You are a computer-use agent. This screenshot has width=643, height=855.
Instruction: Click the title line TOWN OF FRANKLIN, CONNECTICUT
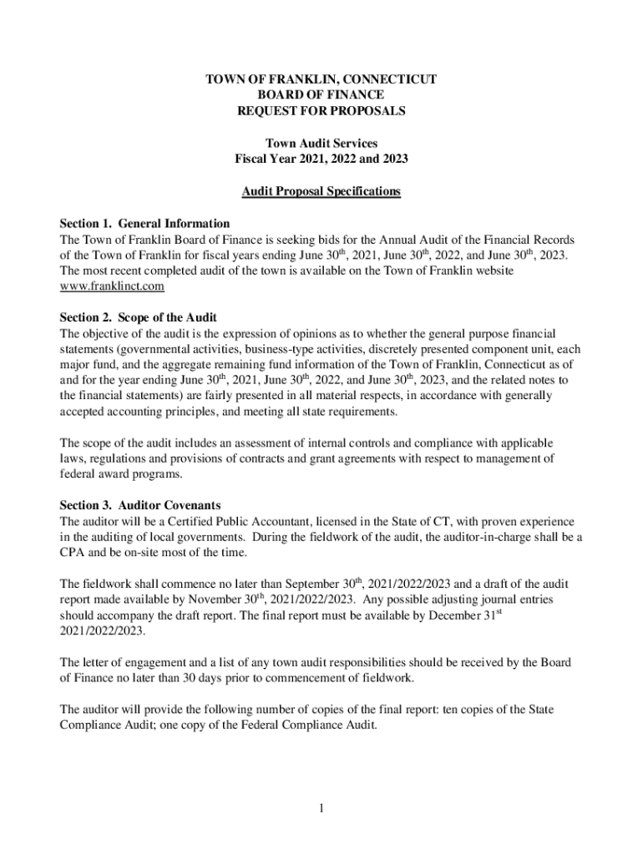pos(321,79)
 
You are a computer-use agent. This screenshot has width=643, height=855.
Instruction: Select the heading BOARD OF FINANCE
pos(321,95)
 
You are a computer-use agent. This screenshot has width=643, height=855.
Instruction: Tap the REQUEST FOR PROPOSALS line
pos(321,111)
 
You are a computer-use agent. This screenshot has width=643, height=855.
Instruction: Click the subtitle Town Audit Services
pos(321,144)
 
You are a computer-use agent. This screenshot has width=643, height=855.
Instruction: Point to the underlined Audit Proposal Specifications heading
pos(321,192)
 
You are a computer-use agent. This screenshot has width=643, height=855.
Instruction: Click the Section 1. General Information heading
pos(144,224)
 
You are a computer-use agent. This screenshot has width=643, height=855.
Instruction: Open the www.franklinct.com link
pos(112,286)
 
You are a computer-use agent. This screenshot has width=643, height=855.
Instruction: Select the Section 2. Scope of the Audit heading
pos(139,318)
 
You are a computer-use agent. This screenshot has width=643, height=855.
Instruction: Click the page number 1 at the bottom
pos(321,808)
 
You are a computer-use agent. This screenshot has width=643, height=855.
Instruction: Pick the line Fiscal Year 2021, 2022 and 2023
pos(321,159)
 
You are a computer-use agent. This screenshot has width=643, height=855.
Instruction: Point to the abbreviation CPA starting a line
pos(72,553)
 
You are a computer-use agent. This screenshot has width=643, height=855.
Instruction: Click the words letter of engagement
pos(125,663)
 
